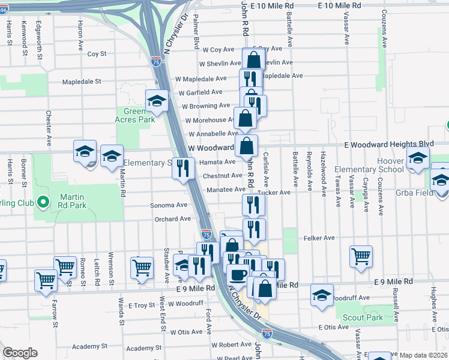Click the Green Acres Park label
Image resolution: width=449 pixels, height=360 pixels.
click(134, 115)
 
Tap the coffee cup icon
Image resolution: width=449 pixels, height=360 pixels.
click(237, 275)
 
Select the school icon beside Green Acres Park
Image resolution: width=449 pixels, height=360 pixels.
click(157, 100)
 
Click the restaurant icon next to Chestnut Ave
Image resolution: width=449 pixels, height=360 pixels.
click(184, 167)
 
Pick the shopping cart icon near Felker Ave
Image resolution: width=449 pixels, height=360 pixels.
click(361, 256)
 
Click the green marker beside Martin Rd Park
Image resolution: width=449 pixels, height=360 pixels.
click(43, 202)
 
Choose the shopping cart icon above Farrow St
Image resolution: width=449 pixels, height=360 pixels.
click(46, 280)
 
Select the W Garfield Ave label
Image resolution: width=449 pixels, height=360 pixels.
click(200, 92)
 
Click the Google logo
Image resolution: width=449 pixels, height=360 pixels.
click(20, 353)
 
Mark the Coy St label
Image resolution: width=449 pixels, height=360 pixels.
click(97, 53)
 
